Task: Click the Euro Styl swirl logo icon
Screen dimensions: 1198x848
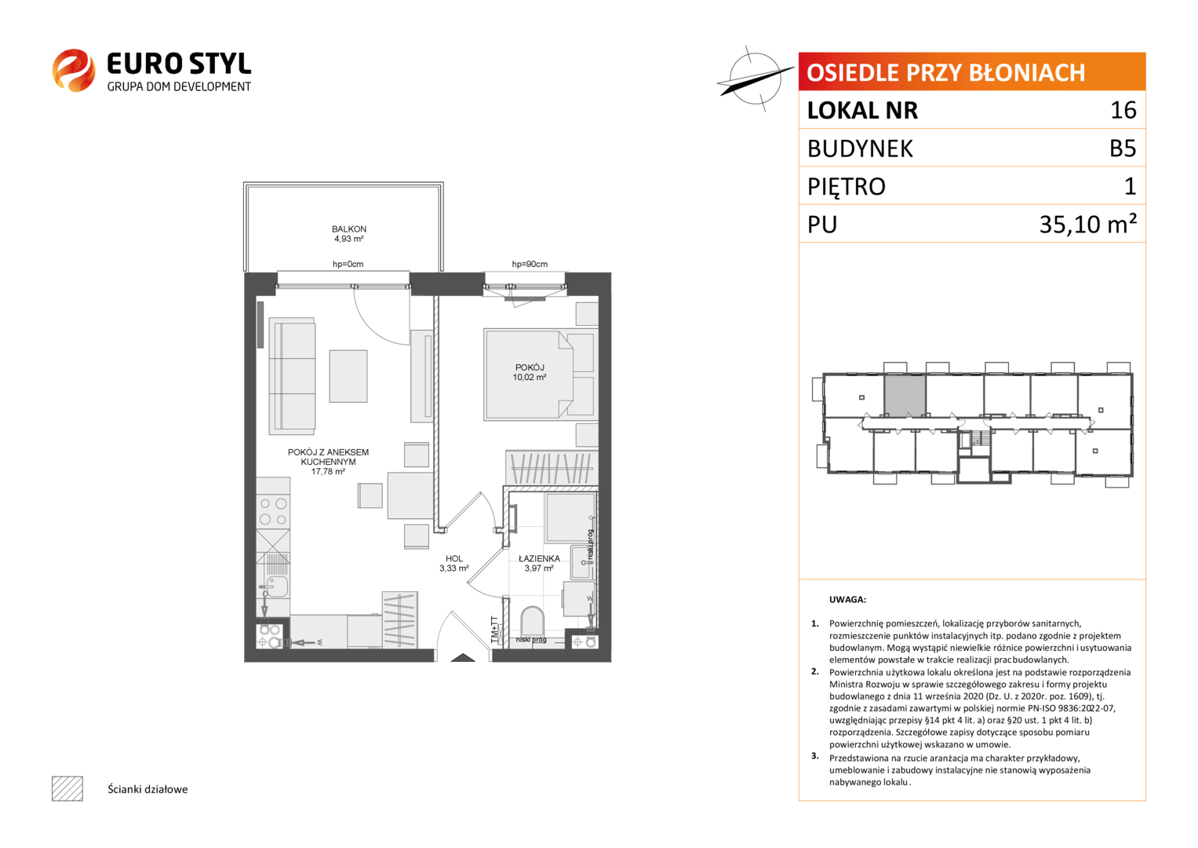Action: coord(74,70)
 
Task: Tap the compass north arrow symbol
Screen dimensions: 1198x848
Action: coord(755,79)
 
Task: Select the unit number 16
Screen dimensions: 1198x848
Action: coord(1123,110)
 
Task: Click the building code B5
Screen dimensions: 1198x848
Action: coord(1123,148)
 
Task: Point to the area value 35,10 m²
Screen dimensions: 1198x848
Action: coord(1088,225)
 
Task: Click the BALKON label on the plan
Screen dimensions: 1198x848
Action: coord(348,229)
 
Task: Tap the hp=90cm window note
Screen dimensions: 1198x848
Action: coord(530,264)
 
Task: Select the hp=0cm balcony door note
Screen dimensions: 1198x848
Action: coord(348,264)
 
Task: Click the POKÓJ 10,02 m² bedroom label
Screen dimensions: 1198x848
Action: coord(530,372)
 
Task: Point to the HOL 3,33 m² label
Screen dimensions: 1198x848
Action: coord(454,563)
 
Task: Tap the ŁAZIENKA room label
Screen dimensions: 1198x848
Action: coord(539,558)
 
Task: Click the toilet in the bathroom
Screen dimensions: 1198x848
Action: coord(532,622)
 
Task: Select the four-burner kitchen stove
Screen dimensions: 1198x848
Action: coord(273,512)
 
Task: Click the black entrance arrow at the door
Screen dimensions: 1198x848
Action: coord(463,658)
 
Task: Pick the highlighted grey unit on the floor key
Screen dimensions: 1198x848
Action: coord(905,396)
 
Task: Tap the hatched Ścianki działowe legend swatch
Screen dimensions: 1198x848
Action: coord(67,788)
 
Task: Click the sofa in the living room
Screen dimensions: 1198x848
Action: coord(292,376)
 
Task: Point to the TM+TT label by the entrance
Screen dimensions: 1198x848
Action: coord(494,628)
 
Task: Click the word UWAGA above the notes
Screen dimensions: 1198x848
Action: coord(847,600)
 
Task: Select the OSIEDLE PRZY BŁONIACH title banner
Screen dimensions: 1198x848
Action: coord(972,71)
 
